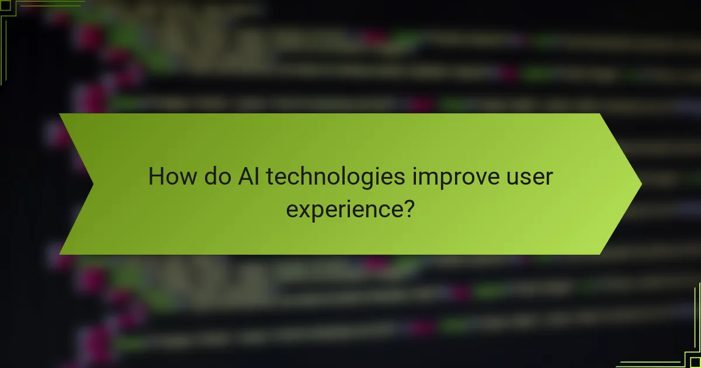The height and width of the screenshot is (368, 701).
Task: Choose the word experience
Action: pos(344,209)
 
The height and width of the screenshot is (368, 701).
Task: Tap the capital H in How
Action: pos(156,176)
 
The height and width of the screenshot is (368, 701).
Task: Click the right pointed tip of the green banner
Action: pos(641,184)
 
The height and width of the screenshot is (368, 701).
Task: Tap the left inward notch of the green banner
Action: pos(93,184)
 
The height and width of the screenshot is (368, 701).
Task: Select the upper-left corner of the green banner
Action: pos(60,114)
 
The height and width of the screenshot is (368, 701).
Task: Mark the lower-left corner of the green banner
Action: pos(60,254)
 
